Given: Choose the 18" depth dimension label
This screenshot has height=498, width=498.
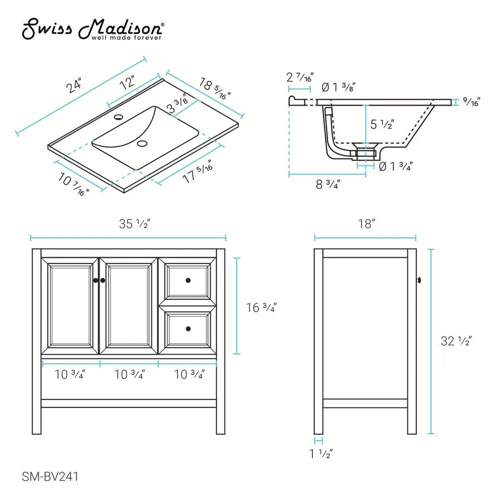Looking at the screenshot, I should tap(366, 224).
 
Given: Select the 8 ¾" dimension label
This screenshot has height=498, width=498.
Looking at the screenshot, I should tap(328, 185).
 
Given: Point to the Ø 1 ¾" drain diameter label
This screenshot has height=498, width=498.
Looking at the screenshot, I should tap(395, 166).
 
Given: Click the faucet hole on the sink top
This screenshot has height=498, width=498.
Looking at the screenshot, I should tap(119, 118).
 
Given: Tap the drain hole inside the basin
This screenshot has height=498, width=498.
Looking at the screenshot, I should tap(143, 144).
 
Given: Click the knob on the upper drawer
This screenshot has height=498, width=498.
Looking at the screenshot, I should tap(188, 281).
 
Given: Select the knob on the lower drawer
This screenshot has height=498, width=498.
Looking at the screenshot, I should tap(188, 328).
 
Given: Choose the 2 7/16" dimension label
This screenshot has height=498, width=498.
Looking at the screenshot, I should tap(300, 78).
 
